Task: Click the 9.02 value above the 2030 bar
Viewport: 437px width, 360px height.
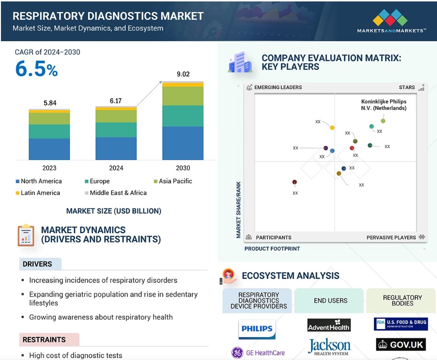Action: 183,74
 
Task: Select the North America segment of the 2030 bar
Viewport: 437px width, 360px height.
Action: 183,143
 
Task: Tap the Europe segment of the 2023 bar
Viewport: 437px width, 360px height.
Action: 49,131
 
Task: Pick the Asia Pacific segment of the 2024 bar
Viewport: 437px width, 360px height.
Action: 116,116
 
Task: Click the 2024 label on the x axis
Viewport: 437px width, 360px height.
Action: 116,168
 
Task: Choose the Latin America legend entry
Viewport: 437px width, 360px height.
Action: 38,193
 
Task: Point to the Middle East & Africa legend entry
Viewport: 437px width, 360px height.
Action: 116,193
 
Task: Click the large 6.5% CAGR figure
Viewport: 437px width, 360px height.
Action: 37,69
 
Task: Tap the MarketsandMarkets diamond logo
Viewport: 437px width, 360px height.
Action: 390,17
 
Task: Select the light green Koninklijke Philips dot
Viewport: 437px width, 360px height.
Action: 383,121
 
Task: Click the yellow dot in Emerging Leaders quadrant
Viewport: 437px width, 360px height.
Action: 332,128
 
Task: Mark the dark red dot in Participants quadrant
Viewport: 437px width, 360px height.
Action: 295,182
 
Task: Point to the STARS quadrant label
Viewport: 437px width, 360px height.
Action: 406,87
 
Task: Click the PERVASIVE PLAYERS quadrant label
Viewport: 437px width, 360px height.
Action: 391,238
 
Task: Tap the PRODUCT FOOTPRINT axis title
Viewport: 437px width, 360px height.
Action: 272,249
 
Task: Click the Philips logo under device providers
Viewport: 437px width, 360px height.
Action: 257,329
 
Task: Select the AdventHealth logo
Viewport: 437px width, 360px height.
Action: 329,325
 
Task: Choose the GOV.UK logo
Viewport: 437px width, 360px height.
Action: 401,344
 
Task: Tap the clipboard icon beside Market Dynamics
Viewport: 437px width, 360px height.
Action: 26,235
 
